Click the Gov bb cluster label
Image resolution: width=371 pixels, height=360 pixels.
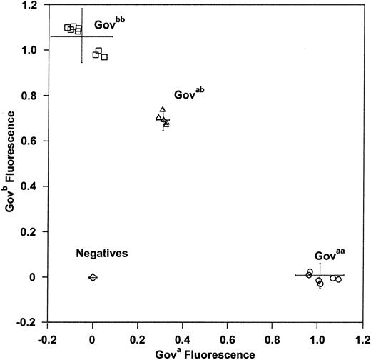[109, 23]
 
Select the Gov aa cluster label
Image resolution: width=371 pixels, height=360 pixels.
[330, 255]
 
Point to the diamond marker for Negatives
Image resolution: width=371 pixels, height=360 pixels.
[93, 277]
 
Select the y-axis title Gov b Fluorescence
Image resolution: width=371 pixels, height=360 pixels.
[9, 164]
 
